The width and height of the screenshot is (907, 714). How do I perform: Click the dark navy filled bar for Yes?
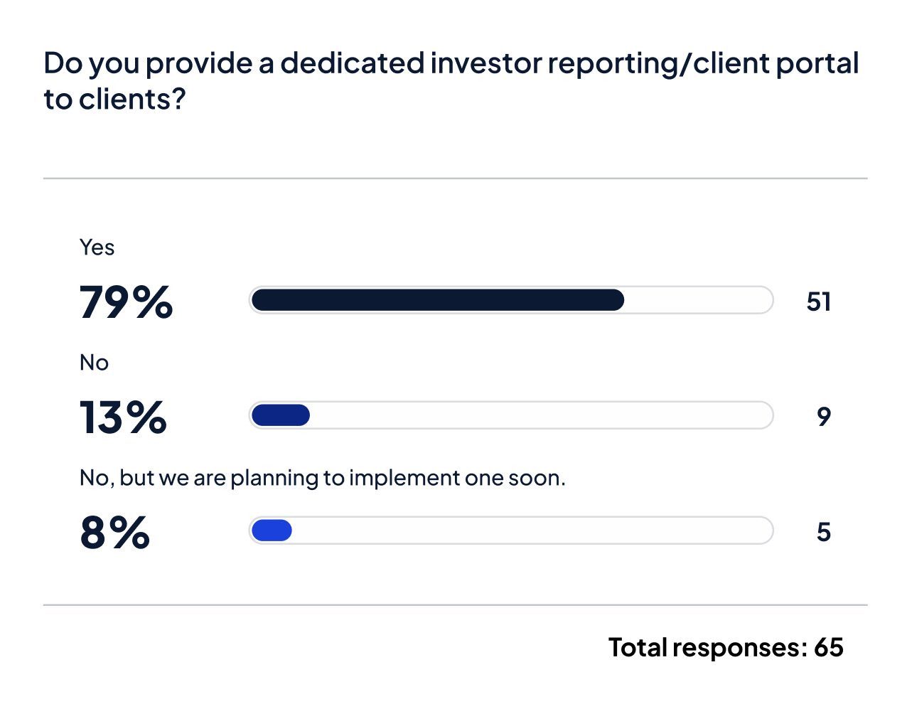(x=437, y=300)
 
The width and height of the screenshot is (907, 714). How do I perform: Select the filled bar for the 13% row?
(x=281, y=415)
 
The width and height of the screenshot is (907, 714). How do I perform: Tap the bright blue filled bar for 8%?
(x=272, y=531)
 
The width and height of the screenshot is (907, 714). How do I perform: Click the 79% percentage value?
(x=126, y=302)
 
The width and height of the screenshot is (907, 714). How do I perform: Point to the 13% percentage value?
(x=123, y=417)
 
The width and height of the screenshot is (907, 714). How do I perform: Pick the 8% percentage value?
(x=114, y=533)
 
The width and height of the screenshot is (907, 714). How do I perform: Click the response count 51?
(x=819, y=302)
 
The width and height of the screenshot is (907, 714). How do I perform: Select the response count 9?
(x=824, y=417)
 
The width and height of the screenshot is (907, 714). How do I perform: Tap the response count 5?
(x=824, y=532)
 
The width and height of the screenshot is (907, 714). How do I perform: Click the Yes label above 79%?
(x=97, y=247)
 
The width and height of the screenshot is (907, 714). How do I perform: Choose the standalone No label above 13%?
(x=94, y=363)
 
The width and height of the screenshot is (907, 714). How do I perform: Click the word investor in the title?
(x=486, y=63)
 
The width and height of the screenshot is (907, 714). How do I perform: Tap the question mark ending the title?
(x=178, y=100)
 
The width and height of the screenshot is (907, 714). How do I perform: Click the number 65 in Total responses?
(x=828, y=647)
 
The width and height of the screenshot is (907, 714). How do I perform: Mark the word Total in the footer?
(x=638, y=647)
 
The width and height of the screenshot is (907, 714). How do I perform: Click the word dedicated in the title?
(x=353, y=63)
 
